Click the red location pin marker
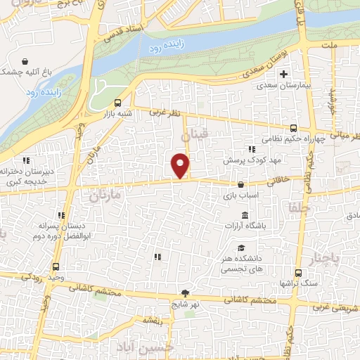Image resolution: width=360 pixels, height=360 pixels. [x=181, y=166]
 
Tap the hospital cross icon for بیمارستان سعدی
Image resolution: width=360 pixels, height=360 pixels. [x=284, y=73]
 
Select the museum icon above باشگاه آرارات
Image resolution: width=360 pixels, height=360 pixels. [x=245, y=214]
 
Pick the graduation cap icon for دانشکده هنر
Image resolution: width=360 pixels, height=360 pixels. [x=241, y=248]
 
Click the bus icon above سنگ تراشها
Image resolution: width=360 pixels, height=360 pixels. [x=298, y=273]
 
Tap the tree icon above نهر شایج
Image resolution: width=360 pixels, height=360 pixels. [x=185, y=293]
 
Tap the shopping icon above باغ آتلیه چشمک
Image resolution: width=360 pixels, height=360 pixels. [x=25, y=61]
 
